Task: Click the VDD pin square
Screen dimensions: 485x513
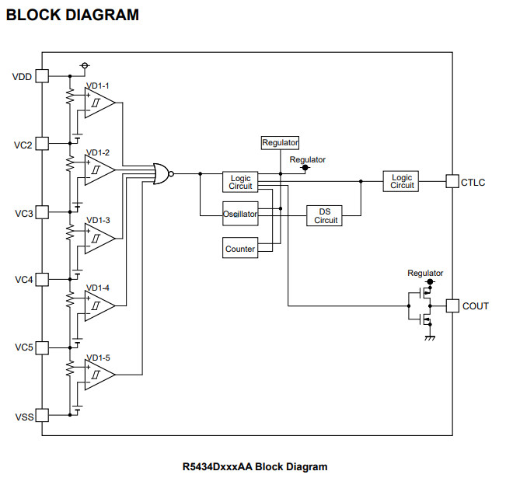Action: (42, 76)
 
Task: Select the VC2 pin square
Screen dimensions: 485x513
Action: (42, 144)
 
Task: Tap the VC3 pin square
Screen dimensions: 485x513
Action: (42, 211)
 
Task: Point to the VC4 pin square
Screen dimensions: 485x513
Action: (42, 279)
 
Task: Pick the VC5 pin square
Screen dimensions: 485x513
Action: (42, 347)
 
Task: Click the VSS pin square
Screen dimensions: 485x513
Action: (42, 415)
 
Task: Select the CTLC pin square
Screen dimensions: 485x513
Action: (452, 182)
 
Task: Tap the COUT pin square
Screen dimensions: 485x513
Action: (452, 305)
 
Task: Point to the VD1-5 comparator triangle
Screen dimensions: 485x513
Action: (99, 374)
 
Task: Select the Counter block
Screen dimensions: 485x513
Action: (240, 249)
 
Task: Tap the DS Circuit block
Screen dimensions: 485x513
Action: (326, 216)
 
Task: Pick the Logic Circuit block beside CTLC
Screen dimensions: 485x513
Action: (402, 182)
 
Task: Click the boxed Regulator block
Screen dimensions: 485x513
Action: (280, 143)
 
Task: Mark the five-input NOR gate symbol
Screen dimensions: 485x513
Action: (162, 174)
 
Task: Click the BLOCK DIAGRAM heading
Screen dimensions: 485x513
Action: (73, 15)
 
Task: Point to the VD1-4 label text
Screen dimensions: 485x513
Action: (98, 288)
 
